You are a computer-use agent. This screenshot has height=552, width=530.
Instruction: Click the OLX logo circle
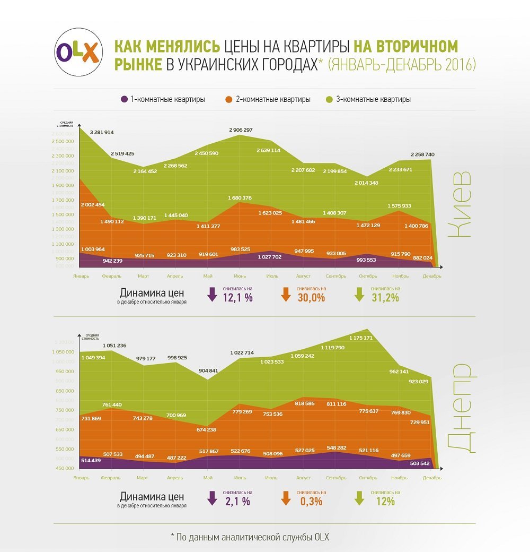78,51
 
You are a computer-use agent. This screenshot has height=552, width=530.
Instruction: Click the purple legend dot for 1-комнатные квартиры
124,99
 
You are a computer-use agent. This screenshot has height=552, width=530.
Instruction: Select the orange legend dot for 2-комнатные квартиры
229,99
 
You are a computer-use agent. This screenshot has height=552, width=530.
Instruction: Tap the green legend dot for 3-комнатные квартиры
329,99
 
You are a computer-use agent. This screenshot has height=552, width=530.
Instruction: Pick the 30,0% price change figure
311,298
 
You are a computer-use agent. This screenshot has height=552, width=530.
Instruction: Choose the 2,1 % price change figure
238,501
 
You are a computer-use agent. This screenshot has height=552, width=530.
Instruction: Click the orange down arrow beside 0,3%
286,498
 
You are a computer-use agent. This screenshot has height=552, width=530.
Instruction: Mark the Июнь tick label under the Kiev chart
239,276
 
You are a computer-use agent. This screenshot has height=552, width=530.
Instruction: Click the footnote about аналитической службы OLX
250,537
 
